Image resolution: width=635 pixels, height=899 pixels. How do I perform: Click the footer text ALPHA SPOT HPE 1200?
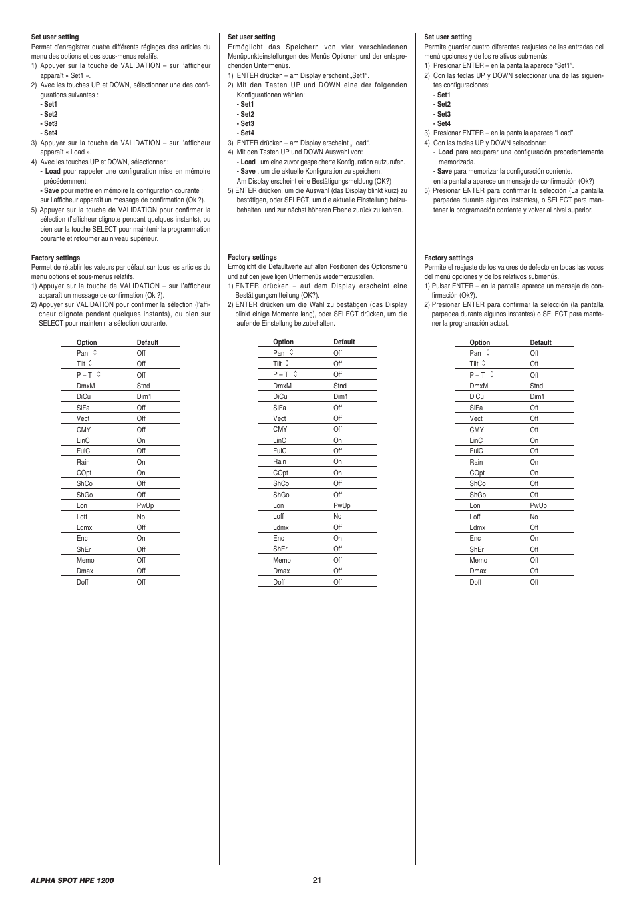pyautogui.click(x=72, y=880)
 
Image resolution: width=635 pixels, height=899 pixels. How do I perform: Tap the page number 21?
pyautogui.click(x=317, y=880)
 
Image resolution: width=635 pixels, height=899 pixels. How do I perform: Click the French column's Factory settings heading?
pyautogui.click(x=55, y=258)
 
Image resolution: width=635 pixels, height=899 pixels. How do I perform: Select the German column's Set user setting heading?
pyautogui.click(x=251, y=37)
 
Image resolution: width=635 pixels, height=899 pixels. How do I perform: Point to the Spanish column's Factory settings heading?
pyautogui.click(x=449, y=258)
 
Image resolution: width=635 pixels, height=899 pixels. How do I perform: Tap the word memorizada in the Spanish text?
pyautogui.click(x=457, y=162)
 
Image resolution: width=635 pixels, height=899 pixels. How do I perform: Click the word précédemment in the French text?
pyautogui.click(x=65, y=181)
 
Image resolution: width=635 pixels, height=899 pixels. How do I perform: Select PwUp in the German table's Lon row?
pyautogui.click(x=341, y=505)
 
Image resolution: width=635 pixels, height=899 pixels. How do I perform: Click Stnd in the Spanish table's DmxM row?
pyautogui.click(x=536, y=386)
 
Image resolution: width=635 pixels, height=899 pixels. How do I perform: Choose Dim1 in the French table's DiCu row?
pyautogui.click(x=144, y=396)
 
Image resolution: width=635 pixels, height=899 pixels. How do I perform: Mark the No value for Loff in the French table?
pyautogui.click(x=141, y=517)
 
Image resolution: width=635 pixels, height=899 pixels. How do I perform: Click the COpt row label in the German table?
pyautogui.click(x=280, y=473)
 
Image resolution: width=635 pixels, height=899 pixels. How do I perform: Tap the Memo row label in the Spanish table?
pyautogui.click(x=478, y=560)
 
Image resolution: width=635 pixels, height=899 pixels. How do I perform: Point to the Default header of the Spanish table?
pyautogui.click(x=540, y=342)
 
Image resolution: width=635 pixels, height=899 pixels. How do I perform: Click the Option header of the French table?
pyautogui.click(x=87, y=342)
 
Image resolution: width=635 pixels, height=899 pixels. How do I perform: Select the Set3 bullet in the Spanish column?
pyautogui.click(x=443, y=114)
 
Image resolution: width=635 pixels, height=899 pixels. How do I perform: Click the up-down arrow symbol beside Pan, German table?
pyautogui.click(x=291, y=352)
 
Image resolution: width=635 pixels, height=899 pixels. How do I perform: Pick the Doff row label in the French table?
pyautogui.click(x=83, y=582)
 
